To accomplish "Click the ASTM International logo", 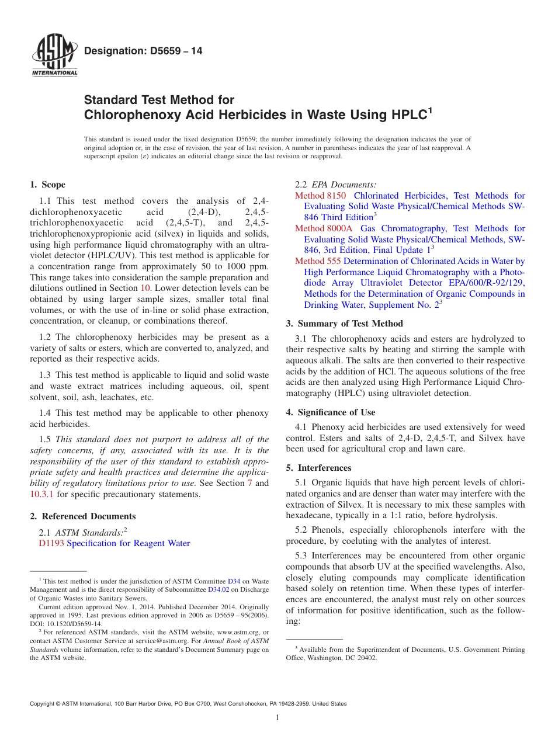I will (x=54, y=57).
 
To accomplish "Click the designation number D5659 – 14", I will (x=143, y=51).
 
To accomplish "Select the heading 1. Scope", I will (x=47, y=185).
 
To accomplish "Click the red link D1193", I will (x=51, y=543).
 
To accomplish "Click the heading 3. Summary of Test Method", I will (x=344, y=324).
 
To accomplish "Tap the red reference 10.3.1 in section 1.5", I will (x=42, y=494).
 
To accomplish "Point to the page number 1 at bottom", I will (x=277, y=718).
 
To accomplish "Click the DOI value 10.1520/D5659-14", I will (x=70, y=623).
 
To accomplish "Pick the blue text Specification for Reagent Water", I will (x=129, y=543).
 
